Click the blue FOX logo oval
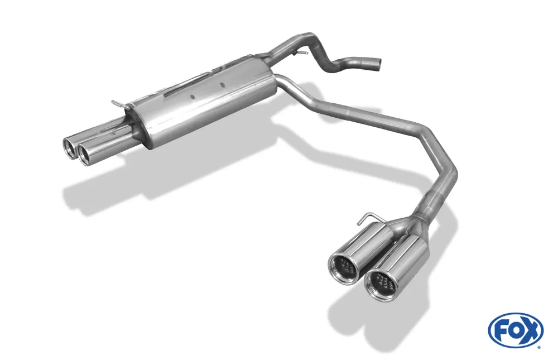pyautogui.click(x=515, y=329)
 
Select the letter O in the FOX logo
pyautogui.click(x=514, y=329)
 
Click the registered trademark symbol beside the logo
pyautogui.click(x=538, y=347)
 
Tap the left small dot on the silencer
pyautogui.click(x=192, y=96)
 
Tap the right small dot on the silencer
pyautogui.click(x=223, y=85)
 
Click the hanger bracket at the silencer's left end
pyautogui.click(x=117, y=103)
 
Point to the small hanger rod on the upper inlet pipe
pyautogui.click(x=302, y=53)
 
